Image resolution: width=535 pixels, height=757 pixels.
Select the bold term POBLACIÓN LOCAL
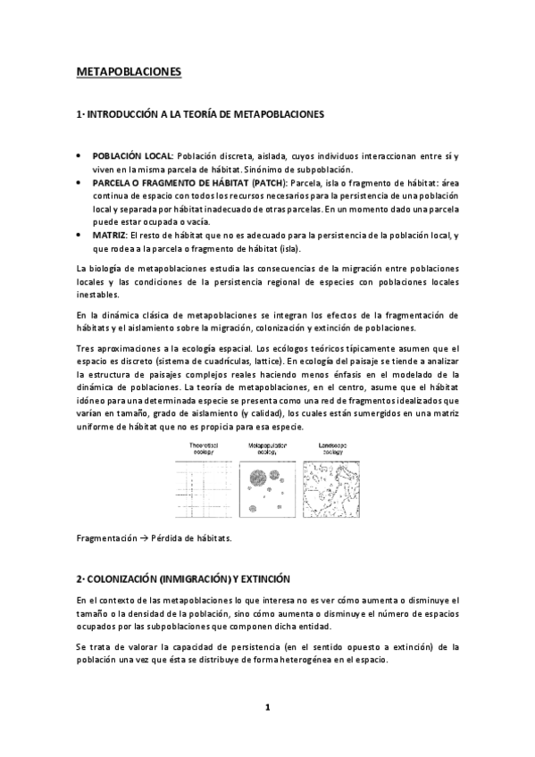[133, 156]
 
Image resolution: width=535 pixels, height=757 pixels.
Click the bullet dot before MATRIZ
[81, 235]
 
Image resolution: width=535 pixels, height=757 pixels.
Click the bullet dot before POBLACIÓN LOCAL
[81, 156]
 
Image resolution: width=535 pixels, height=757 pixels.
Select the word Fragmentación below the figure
[103, 538]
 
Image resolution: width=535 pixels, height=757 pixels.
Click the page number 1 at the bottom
[267, 708]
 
